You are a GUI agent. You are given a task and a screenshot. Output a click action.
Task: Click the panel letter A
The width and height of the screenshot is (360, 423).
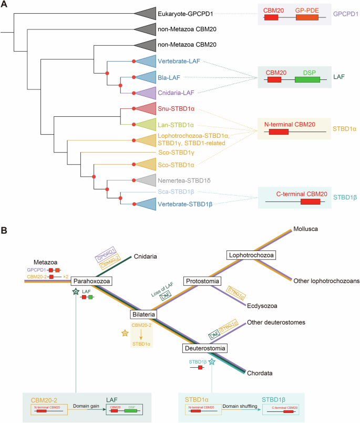(5, 5)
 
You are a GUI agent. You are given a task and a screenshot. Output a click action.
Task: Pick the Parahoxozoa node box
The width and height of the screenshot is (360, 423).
(90, 280)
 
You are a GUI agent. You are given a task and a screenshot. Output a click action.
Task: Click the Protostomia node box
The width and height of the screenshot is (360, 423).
(202, 281)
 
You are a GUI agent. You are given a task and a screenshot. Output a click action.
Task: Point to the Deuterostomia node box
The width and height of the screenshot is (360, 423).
(205, 348)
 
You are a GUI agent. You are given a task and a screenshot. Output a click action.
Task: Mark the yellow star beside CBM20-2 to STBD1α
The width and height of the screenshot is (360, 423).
(125, 333)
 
